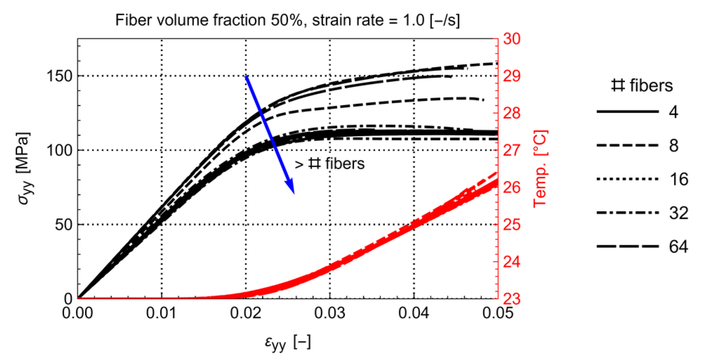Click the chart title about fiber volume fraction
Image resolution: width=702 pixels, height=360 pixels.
287,20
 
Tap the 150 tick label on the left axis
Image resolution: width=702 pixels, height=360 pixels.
60,76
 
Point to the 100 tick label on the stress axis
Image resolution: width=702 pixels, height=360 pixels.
60,150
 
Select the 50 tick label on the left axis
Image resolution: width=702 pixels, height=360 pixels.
64,225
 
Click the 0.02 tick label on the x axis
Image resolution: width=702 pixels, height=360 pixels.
245,313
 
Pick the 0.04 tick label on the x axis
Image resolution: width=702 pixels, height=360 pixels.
414,313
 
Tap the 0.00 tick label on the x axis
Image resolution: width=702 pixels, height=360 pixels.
78,313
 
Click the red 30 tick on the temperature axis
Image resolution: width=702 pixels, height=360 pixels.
511,39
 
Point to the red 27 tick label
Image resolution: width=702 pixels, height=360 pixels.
511,150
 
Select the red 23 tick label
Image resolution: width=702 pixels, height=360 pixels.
511,299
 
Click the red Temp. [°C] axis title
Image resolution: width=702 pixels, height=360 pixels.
540,169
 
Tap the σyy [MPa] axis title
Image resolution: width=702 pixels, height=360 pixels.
24,169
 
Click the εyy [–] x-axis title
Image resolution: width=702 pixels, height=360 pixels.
288,342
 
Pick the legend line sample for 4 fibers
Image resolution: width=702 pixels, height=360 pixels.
627,111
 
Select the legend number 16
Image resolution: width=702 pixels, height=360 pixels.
678,179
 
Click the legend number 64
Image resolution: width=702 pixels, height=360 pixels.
678,247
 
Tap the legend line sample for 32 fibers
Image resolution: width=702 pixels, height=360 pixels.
627,213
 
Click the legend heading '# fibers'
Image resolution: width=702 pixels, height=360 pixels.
642,85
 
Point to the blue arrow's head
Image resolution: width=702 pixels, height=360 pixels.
291,188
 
